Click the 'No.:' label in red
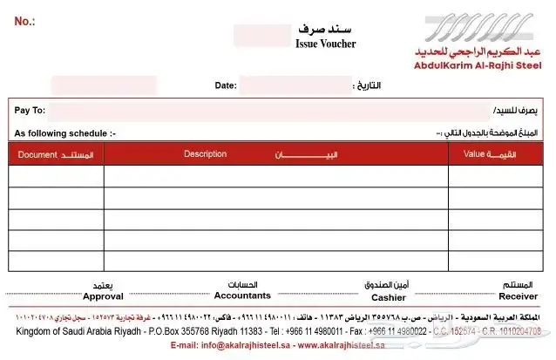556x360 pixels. (x=24, y=20)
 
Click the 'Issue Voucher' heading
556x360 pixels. (x=326, y=44)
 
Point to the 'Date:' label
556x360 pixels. (x=225, y=85)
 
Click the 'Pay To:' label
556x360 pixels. (x=30, y=111)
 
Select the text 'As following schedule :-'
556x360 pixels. (x=64, y=133)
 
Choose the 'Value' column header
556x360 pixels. (x=474, y=154)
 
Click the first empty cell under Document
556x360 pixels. (x=57, y=176)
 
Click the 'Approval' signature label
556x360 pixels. (x=103, y=296)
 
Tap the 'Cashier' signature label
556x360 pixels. (x=389, y=296)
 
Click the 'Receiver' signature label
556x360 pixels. (x=518, y=296)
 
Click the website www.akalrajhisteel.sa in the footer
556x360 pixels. (x=341, y=346)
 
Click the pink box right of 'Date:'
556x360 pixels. (x=295, y=85)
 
